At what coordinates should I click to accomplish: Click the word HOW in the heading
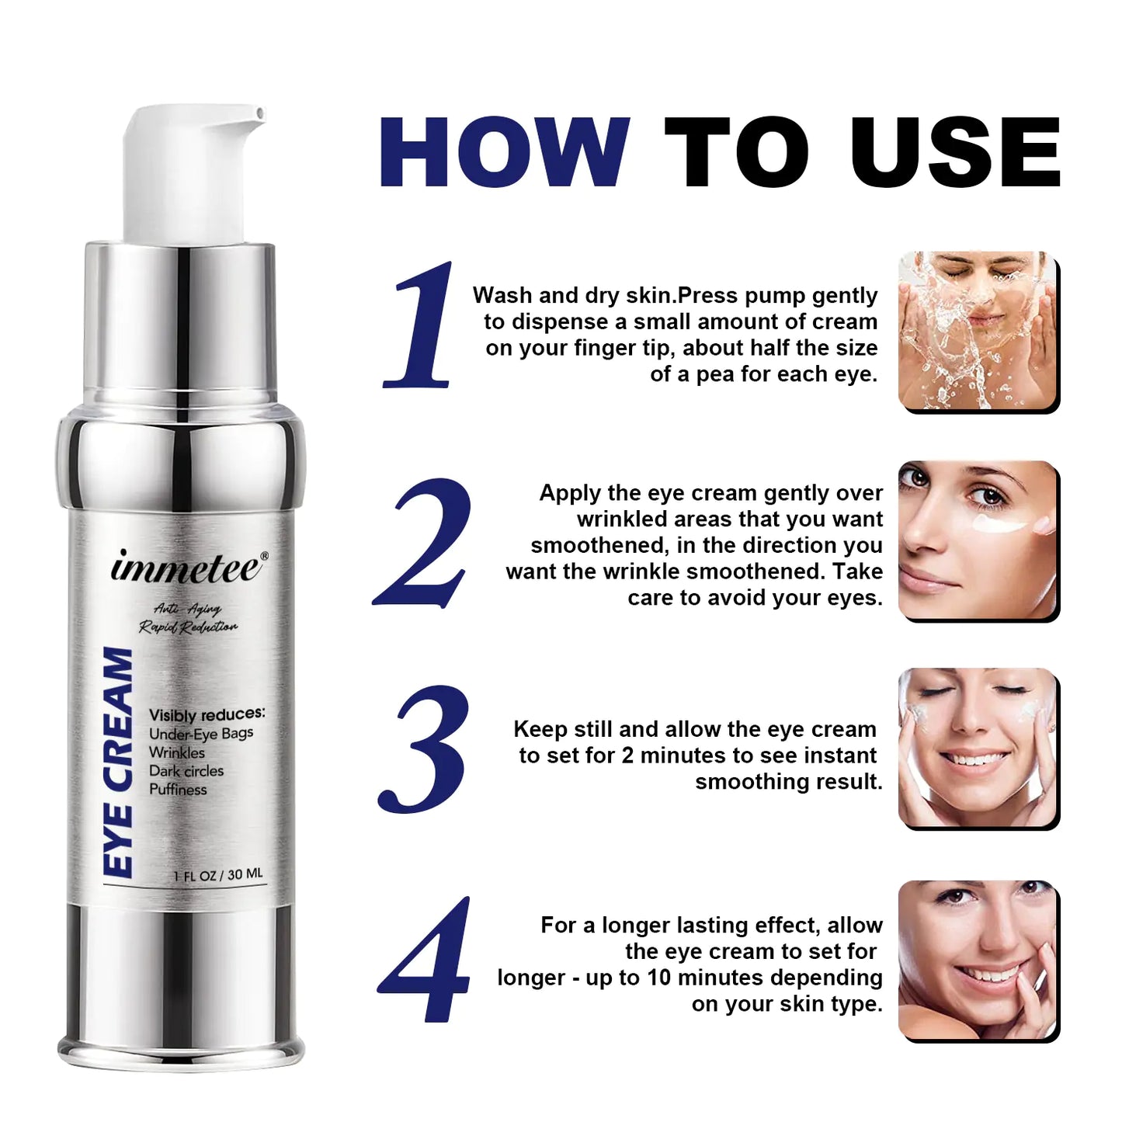click(504, 152)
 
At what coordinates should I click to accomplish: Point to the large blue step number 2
click(423, 543)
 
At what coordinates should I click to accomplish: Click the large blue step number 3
click(423, 750)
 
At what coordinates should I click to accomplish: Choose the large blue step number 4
click(425, 960)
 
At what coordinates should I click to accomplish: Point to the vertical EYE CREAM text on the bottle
click(118, 763)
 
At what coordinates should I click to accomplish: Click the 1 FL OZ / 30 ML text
click(218, 875)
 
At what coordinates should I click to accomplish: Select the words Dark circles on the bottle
click(186, 771)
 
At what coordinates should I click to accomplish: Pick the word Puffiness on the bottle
click(178, 790)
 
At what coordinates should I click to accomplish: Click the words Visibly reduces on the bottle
click(207, 714)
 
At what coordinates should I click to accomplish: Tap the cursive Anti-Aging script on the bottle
click(187, 610)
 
